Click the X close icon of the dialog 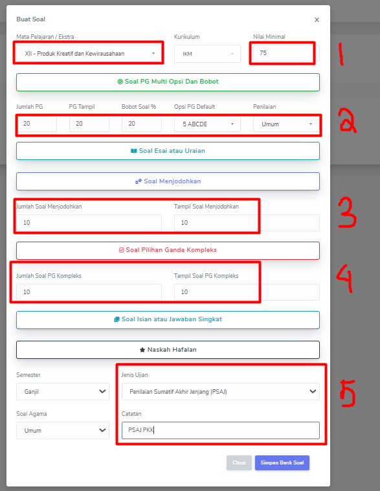(317, 19)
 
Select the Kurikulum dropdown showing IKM (207, 54)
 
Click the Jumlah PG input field (36, 124)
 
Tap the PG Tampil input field (89, 124)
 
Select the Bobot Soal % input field (142, 124)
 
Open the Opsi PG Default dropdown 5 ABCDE (207, 124)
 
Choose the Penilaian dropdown (286, 124)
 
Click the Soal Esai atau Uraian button (168, 151)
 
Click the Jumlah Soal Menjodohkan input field (89, 223)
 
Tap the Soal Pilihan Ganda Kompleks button (168, 250)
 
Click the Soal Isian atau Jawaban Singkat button (168, 319)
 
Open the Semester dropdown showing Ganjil (63, 391)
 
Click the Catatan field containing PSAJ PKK (220, 430)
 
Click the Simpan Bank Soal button (282, 462)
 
